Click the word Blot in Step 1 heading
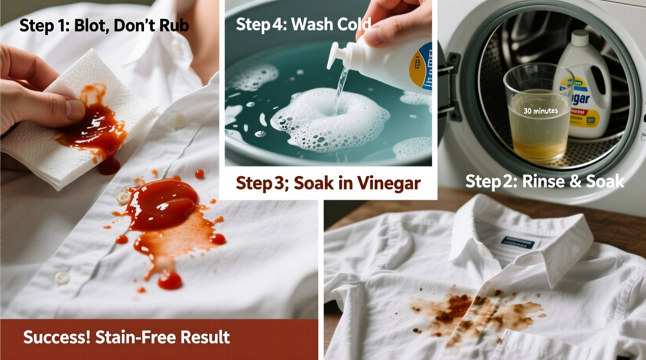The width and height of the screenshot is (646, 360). (90, 26)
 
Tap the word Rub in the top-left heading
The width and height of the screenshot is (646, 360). (174, 26)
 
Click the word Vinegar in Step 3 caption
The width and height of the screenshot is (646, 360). (389, 183)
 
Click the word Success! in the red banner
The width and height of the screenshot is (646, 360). (57, 337)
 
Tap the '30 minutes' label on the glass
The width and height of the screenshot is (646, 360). (540, 111)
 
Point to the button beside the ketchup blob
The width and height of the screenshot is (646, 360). (123, 198)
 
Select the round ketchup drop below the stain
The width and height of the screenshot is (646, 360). (170, 280)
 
